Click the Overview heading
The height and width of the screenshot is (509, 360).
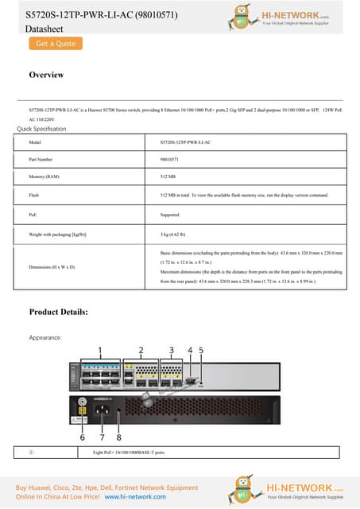(x=46, y=75)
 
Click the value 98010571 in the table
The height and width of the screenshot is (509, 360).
(x=168, y=159)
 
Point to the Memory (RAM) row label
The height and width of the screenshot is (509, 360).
(x=44, y=177)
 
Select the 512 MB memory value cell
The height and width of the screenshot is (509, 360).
(x=168, y=177)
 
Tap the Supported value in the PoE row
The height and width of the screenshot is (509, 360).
(x=170, y=215)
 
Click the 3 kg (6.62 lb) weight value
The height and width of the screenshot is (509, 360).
(x=174, y=235)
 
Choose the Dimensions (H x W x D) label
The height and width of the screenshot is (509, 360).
(x=52, y=266)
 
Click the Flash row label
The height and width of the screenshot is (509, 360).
(x=33, y=195)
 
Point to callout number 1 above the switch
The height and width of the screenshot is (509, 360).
(x=100, y=349)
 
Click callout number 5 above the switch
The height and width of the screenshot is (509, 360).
(x=200, y=349)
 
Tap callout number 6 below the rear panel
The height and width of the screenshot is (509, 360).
(x=82, y=437)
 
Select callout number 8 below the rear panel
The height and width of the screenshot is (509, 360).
(x=119, y=437)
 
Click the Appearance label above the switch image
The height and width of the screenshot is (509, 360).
(x=47, y=338)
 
